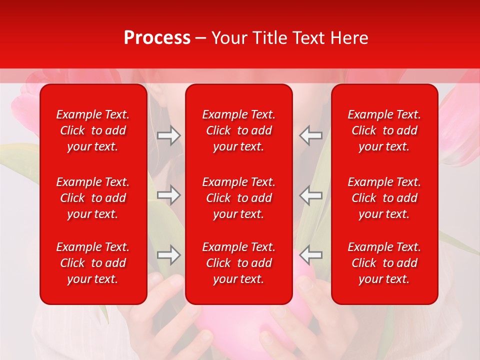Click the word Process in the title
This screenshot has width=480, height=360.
(x=157, y=38)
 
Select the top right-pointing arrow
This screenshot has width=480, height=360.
(x=168, y=135)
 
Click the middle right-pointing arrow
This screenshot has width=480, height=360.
(x=168, y=195)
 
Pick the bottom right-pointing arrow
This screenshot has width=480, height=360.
(x=168, y=254)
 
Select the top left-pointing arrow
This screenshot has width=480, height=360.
(x=311, y=135)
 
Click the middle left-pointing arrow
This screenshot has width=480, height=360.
(x=311, y=195)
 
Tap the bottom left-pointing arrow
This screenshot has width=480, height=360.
(x=311, y=254)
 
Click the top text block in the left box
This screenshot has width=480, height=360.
(x=93, y=130)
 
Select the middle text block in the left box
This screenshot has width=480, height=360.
(x=93, y=198)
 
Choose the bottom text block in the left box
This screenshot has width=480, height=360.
(x=93, y=263)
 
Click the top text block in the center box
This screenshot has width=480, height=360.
(x=238, y=130)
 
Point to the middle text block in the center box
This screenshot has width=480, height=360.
(x=238, y=198)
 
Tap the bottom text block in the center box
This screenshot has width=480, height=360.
(x=238, y=263)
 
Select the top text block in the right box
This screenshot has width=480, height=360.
(x=384, y=130)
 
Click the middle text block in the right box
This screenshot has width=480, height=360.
(x=384, y=198)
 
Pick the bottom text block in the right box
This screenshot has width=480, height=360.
(x=384, y=263)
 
